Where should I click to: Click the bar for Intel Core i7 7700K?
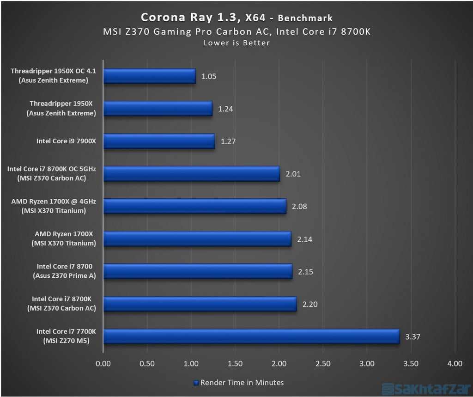tap(251, 336)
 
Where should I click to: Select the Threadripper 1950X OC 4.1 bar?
tap(149, 76)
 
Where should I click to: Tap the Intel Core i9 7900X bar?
tap(159, 141)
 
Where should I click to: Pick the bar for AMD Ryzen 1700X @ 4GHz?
tap(194, 206)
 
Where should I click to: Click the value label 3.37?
tap(412, 336)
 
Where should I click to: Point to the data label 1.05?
tap(209, 76)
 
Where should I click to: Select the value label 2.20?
tap(309, 304)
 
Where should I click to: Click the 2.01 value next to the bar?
tap(293, 174)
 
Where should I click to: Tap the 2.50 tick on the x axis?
tap(323, 364)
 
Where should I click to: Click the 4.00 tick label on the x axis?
tap(455, 364)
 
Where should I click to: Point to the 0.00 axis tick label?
tap(103, 364)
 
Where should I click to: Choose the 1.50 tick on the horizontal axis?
tap(235, 364)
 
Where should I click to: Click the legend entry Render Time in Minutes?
tap(238, 382)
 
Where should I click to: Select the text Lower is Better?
tap(236, 43)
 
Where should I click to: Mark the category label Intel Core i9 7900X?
tap(66, 141)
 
